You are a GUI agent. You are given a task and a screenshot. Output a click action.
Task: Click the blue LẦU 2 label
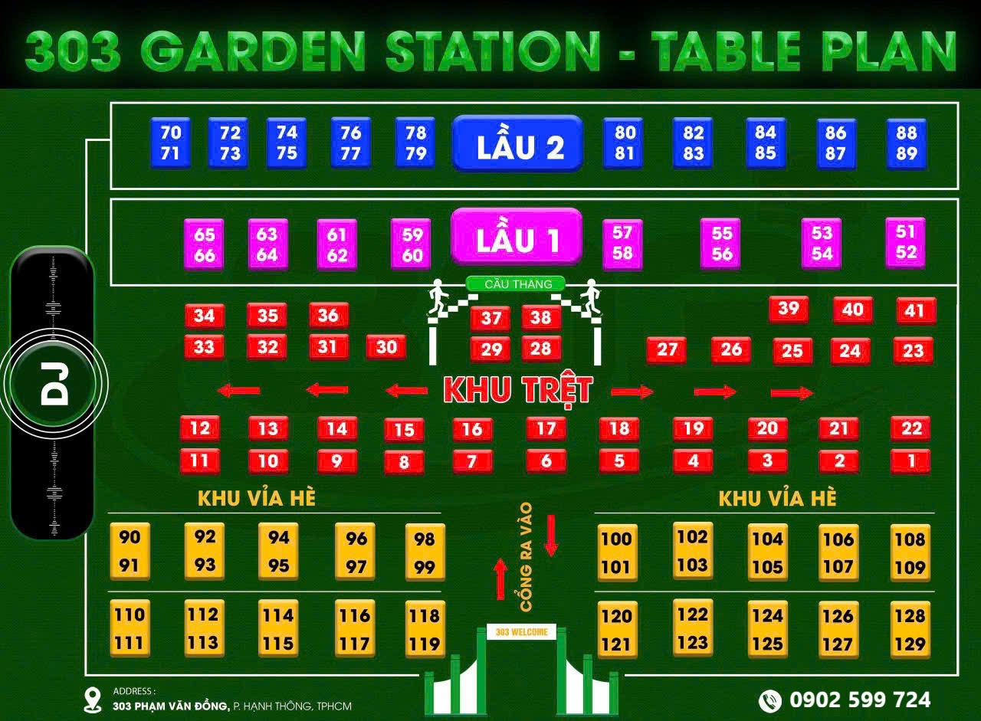click(x=517, y=143)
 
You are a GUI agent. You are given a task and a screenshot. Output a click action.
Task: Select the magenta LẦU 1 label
click(x=517, y=238)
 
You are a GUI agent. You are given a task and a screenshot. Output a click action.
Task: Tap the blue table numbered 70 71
click(x=170, y=143)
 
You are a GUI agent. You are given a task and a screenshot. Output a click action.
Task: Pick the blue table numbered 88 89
click(x=907, y=143)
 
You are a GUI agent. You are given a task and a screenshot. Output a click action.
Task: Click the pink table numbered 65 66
click(x=204, y=244)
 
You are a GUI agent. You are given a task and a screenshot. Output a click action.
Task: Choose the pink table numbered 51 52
click(x=905, y=242)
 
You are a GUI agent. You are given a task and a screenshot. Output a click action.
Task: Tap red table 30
click(x=386, y=347)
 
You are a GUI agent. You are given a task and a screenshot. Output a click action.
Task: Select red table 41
click(x=915, y=310)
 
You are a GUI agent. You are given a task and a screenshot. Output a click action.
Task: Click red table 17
click(x=546, y=428)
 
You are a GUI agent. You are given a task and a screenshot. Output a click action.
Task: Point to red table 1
click(x=910, y=461)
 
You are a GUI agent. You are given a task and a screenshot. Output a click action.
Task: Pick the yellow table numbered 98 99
click(x=425, y=553)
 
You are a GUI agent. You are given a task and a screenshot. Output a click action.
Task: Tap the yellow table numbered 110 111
click(x=129, y=628)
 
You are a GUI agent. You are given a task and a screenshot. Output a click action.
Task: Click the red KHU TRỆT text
click(x=518, y=390)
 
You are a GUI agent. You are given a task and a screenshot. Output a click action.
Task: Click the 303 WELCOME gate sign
click(x=522, y=632)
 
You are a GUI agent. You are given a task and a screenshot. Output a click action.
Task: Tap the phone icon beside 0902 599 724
click(x=769, y=700)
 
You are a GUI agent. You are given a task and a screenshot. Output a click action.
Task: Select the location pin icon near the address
click(x=93, y=700)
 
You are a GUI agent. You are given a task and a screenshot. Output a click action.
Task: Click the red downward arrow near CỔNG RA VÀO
click(x=551, y=535)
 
